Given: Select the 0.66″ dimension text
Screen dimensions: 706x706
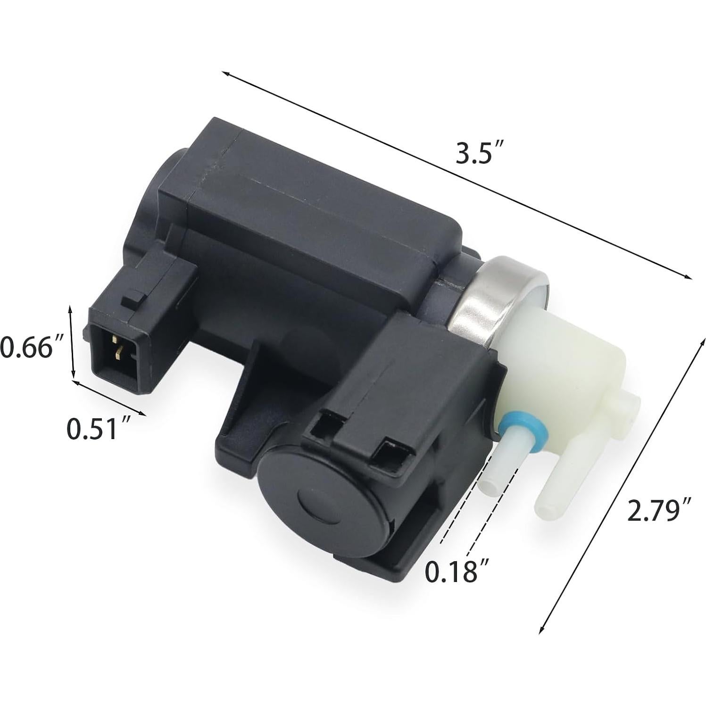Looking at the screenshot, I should [32, 348].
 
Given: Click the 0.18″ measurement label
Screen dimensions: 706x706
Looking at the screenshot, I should [456, 571].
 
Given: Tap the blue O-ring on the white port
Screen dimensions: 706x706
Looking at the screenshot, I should [521, 424].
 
